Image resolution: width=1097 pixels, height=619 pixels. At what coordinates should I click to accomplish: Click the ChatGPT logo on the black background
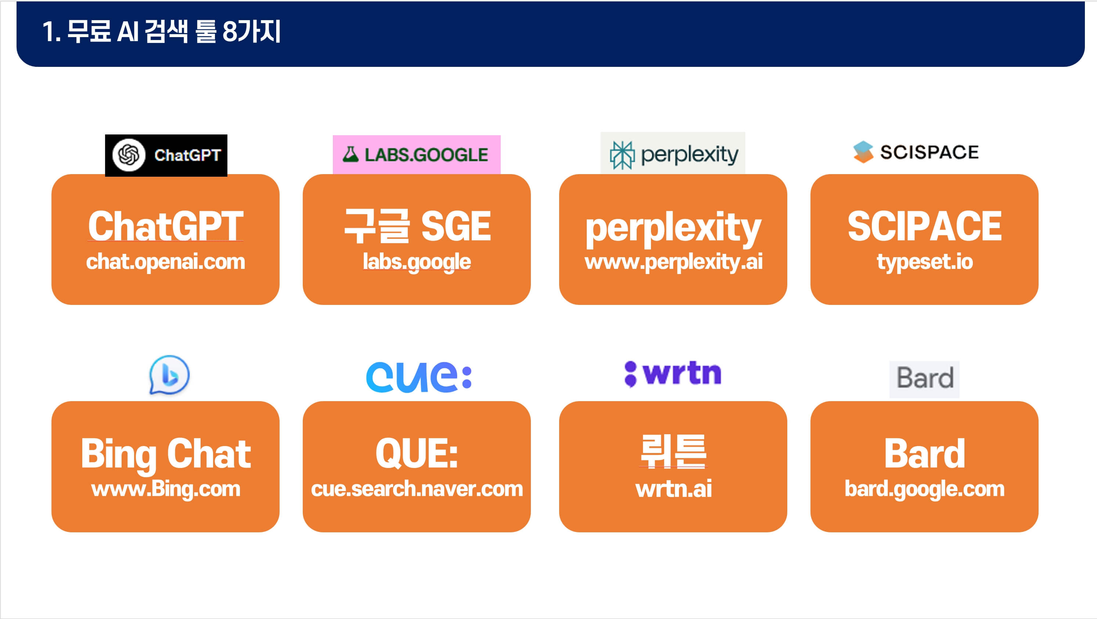point(166,155)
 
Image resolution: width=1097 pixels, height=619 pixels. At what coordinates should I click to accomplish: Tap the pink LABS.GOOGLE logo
point(416,154)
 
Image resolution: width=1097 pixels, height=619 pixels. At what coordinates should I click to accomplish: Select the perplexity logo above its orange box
point(673,154)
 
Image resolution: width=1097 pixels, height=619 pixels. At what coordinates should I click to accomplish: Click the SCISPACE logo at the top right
point(916,152)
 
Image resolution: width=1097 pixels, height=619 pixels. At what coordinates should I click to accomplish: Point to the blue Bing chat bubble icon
point(169,375)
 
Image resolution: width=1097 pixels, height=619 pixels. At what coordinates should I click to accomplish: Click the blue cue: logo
point(418,377)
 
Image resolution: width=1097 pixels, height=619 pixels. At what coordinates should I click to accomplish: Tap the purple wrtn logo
point(672,374)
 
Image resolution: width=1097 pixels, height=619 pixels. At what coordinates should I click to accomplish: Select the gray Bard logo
point(924,378)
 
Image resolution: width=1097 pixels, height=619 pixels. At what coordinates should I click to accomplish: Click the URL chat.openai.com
point(165,262)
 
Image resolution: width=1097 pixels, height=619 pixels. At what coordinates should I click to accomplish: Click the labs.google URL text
point(417,262)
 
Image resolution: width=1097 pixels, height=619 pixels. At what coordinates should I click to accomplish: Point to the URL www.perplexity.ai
point(673,262)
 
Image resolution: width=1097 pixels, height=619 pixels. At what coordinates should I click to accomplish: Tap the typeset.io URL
point(924,262)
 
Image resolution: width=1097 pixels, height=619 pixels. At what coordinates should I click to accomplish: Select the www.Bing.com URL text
point(165,489)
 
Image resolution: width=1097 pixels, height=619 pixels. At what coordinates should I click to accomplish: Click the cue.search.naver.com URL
point(417,489)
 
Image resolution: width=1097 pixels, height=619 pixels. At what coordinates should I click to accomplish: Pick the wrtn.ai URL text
point(673,489)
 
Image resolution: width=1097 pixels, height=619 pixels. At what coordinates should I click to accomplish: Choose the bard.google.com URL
point(924,489)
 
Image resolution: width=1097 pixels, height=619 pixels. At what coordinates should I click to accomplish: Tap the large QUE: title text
point(417,453)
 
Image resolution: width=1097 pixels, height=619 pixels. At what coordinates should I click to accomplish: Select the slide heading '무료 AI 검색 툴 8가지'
point(162,32)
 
